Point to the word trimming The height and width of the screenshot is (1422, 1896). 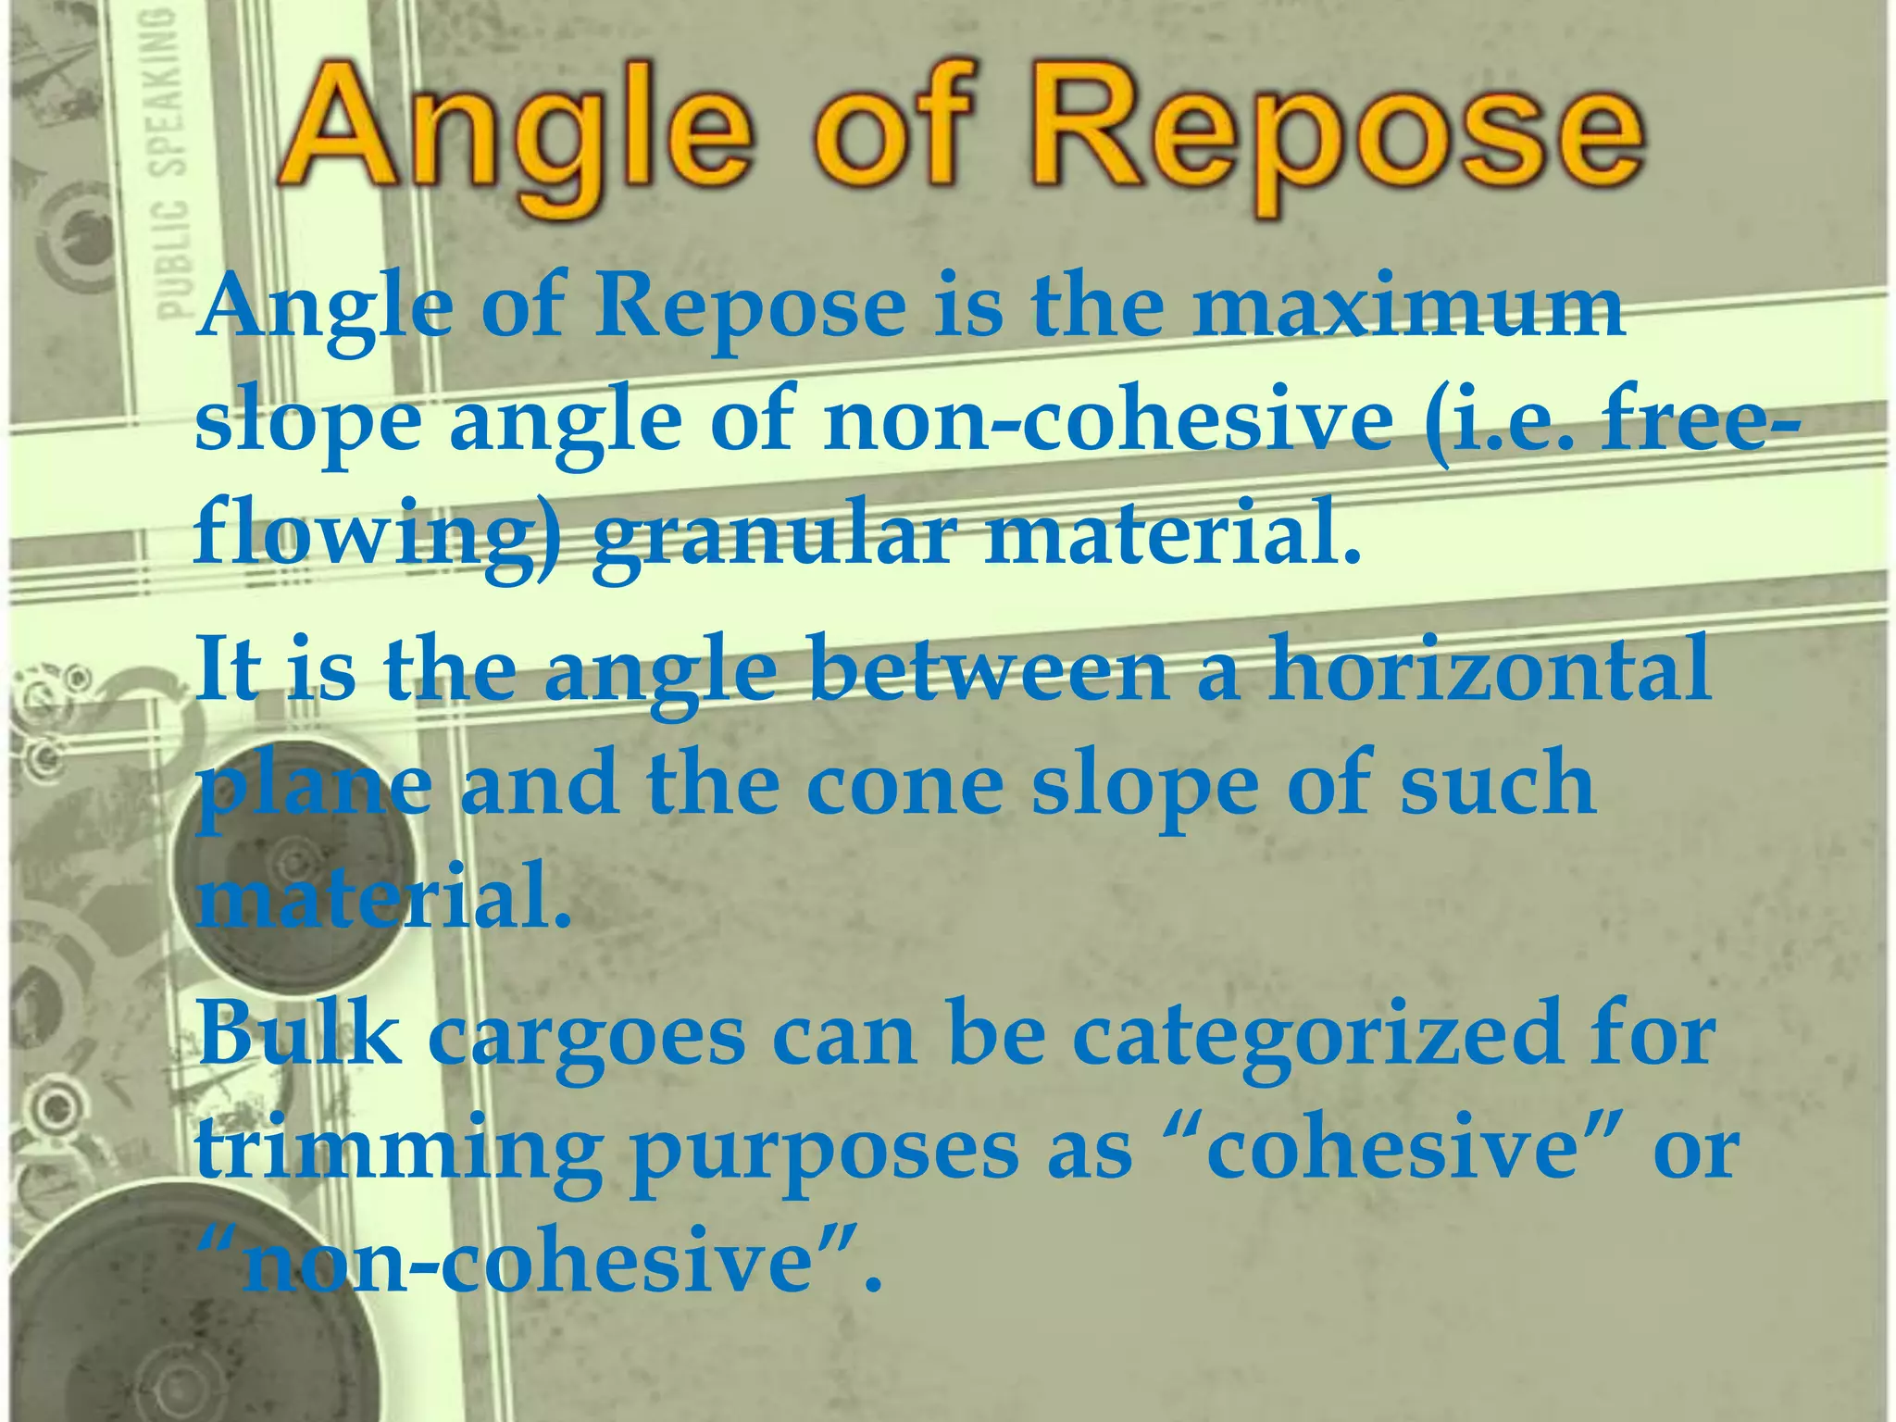coord(398,1152)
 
